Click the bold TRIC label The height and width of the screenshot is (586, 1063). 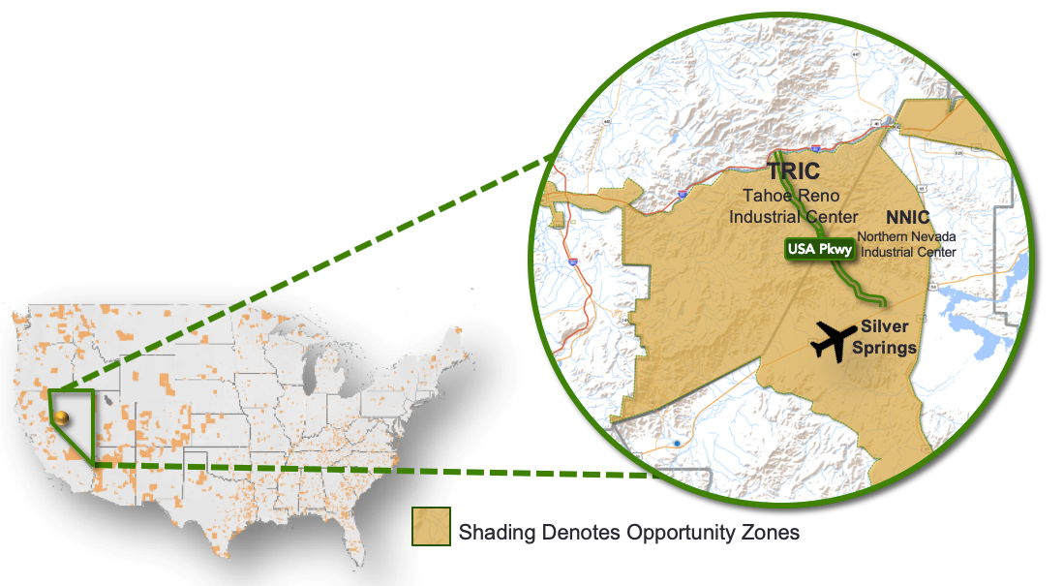(793, 172)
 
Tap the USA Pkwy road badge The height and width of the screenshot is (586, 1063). (820, 249)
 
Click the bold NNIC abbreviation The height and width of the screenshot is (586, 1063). (907, 218)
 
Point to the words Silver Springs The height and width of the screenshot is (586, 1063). (885, 337)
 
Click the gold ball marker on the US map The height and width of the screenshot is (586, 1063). (61, 417)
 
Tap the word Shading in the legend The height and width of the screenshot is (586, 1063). (496, 533)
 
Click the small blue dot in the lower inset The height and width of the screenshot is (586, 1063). (677, 443)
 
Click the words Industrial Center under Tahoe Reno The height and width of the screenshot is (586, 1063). (794, 216)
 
